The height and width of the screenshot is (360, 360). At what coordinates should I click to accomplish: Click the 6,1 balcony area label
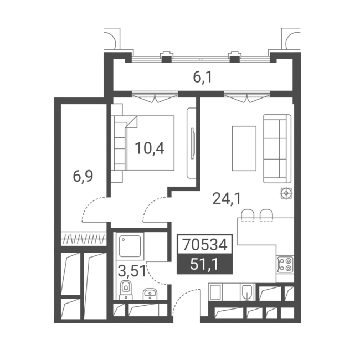[203, 78]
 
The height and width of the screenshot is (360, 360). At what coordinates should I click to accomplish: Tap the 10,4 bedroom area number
[150, 148]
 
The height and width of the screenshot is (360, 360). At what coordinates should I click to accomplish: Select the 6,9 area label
[83, 177]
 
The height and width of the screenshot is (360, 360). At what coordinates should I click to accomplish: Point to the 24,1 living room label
[227, 199]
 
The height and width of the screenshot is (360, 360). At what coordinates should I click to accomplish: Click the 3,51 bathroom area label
[132, 271]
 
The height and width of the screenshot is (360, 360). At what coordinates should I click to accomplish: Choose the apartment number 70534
[204, 244]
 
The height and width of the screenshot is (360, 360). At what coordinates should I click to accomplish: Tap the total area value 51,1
[204, 265]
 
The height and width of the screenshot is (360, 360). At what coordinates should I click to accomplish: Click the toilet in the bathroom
[126, 290]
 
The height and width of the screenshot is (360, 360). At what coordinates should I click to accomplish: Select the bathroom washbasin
[150, 294]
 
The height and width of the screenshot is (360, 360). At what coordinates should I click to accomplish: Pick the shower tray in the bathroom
[130, 246]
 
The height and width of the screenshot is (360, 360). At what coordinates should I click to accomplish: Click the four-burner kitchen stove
[285, 264]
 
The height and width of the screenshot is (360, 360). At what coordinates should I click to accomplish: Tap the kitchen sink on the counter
[247, 292]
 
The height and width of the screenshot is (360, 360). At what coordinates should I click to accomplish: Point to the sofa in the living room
[277, 149]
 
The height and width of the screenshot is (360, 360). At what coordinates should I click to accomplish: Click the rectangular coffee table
[244, 148]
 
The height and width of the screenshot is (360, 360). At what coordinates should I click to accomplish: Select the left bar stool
[248, 215]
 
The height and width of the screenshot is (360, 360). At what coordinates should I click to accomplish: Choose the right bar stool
[266, 215]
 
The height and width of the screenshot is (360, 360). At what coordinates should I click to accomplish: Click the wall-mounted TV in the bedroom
[193, 143]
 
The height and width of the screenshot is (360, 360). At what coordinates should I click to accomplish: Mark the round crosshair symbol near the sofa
[286, 193]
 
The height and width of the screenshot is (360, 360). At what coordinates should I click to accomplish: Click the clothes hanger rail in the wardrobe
[84, 239]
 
